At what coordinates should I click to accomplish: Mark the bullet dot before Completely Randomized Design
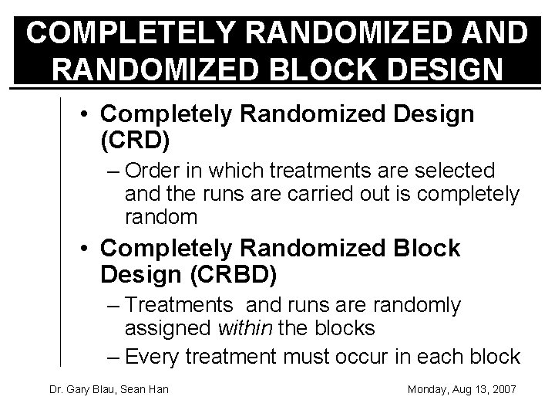89,116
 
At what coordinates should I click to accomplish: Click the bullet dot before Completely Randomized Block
89,249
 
